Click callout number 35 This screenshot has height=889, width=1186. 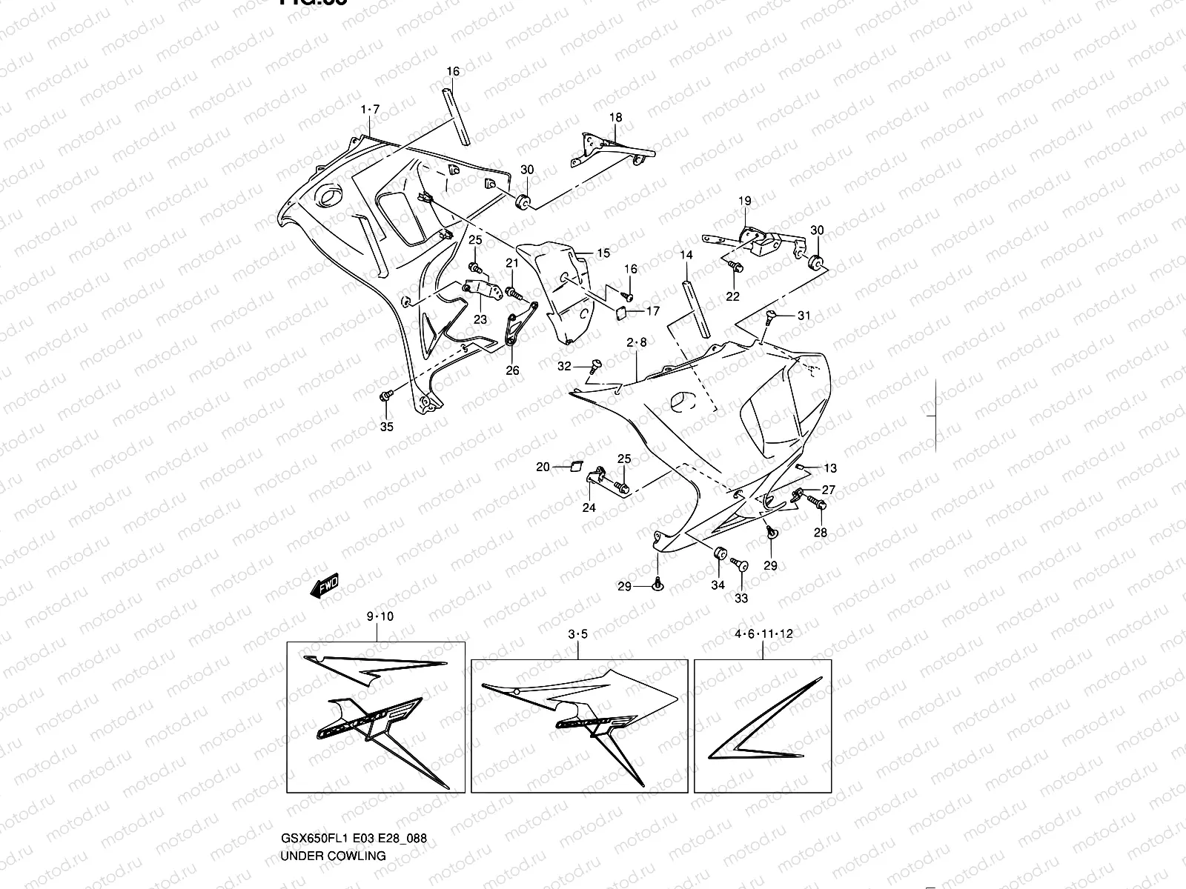pyautogui.click(x=387, y=427)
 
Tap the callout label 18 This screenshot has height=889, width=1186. pyautogui.click(x=616, y=117)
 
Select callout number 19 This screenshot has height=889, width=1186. pyautogui.click(x=745, y=201)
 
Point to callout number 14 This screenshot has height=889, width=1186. pyautogui.click(x=686, y=255)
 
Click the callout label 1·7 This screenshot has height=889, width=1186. pyautogui.click(x=370, y=110)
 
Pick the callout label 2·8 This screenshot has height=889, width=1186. pyautogui.click(x=637, y=342)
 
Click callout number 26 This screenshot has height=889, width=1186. pyautogui.click(x=513, y=370)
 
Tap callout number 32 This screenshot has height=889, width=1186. pyautogui.click(x=565, y=366)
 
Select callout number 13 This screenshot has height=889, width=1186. pyautogui.click(x=830, y=468)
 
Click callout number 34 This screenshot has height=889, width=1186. pyautogui.click(x=718, y=585)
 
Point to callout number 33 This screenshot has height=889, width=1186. pyautogui.click(x=741, y=598)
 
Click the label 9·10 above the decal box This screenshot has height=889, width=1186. pyautogui.click(x=380, y=616)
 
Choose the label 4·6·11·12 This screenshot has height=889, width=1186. pyautogui.click(x=764, y=633)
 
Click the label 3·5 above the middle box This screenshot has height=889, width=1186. pyautogui.click(x=578, y=634)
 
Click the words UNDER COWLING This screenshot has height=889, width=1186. pyautogui.click(x=333, y=855)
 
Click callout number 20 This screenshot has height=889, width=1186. pyautogui.click(x=543, y=467)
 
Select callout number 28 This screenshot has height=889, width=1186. pyautogui.click(x=821, y=532)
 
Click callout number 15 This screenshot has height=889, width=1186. pyautogui.click(x=603, y=253)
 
